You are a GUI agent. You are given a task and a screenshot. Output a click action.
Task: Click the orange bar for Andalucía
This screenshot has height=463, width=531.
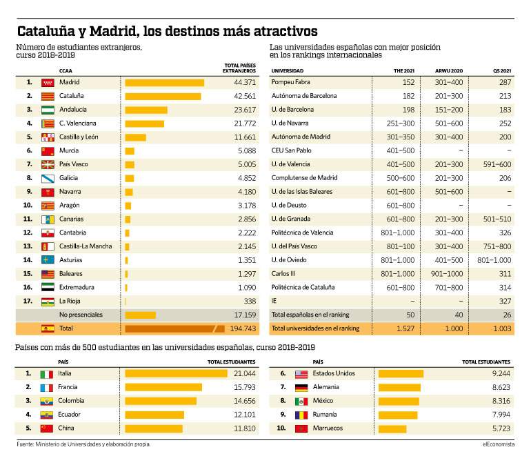click(x=146, y=110)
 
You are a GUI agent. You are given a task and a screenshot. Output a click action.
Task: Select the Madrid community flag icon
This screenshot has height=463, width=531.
click(x=48, y=83)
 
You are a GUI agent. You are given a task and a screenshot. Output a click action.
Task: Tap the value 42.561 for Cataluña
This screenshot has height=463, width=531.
click(x=245, y=97)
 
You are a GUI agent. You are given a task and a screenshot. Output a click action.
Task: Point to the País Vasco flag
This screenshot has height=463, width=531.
click(x=48, y=165)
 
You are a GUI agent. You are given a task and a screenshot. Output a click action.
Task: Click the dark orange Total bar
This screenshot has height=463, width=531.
click(x=174, y=328)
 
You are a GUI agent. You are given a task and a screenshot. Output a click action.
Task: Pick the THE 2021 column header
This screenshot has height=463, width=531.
click(x=404, y=71)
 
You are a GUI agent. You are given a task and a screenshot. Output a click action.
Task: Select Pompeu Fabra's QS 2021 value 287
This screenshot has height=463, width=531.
click(x=505, y=82)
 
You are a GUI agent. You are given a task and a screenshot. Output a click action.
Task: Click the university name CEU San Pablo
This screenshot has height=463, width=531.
click(x=291, y=150)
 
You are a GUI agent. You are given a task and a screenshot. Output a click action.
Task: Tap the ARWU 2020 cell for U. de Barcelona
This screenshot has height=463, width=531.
click(x=449, y=110)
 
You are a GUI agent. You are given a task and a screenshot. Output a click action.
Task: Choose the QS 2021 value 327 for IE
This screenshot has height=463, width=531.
click(x=505, y=302)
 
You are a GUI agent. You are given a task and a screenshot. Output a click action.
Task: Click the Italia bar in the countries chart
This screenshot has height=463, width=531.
click(x=176, y=373)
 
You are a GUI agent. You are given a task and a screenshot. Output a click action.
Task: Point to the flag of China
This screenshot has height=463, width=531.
click(x=47, y=428)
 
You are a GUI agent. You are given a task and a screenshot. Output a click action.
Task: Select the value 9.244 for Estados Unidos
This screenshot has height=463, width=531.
click(x=501, y=373)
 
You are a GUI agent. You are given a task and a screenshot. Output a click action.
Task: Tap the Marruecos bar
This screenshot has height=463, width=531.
click(x=392, y=428)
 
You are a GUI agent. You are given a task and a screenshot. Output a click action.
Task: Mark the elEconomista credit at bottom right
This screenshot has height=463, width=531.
click(x=499, y=444)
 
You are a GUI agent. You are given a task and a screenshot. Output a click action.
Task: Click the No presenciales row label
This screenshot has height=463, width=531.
click(x=81, y=315)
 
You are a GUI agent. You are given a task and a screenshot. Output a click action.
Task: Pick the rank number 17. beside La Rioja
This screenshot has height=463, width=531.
click(x=28, y=301)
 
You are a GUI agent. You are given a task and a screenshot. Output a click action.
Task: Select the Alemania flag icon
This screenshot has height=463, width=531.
click(x=301, y=387)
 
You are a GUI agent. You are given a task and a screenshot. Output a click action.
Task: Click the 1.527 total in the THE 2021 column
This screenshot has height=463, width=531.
click(x=405, y=328)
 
